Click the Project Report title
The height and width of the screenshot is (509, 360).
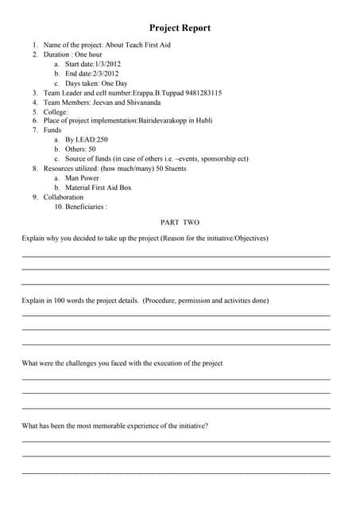click(180, 28)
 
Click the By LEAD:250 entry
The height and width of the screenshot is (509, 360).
click(87, 139)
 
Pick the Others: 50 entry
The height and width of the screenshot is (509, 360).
click(80, 149)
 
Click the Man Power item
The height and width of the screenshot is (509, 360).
click(82, 178)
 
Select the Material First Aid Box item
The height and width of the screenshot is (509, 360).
click(99, 188)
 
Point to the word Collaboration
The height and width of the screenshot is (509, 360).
click(63, 197)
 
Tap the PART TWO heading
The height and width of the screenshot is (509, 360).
click(180, 223)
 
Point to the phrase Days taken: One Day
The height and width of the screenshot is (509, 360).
click(96, 83)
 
